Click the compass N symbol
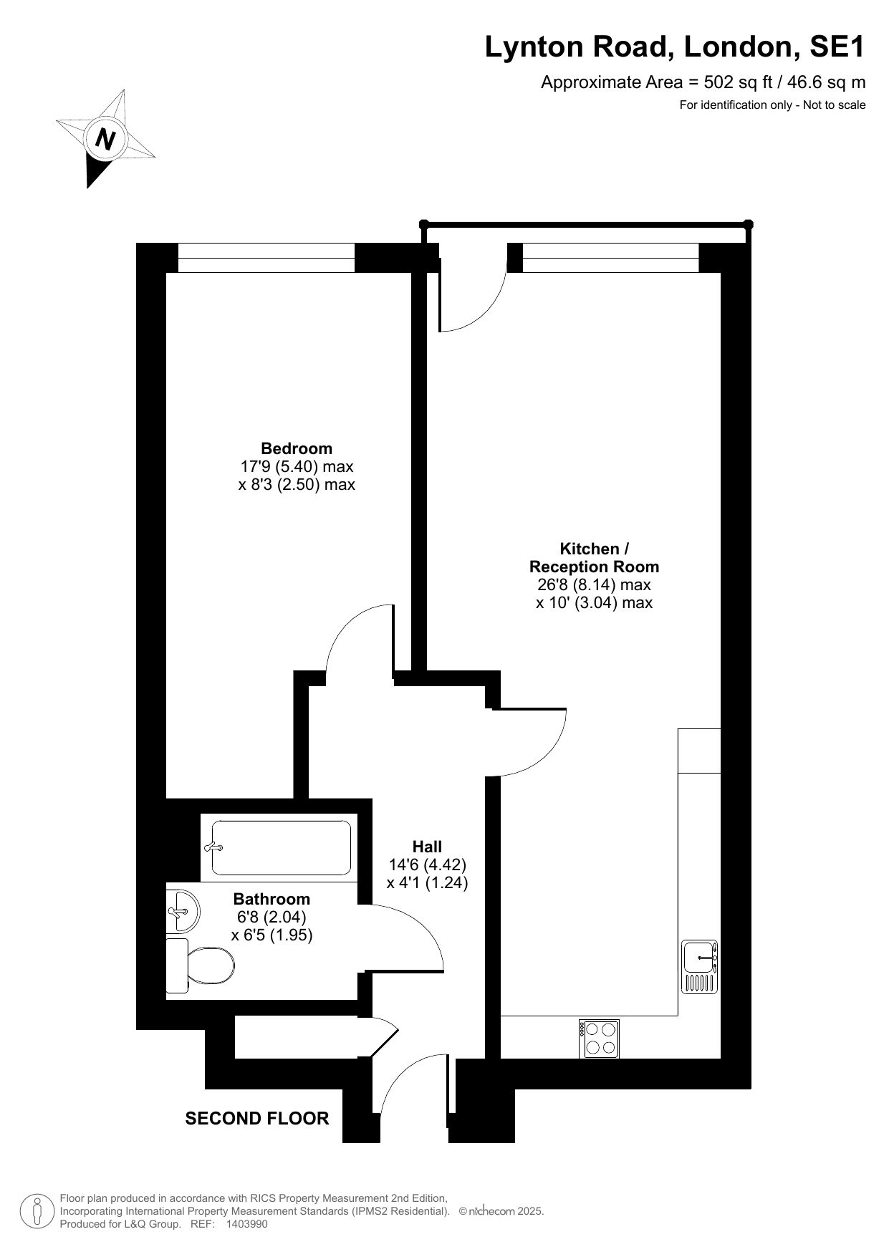[106, 138]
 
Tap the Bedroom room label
[297, 448]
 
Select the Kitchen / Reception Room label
[594, 558]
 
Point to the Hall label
[427, 847]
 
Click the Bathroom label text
[272, 899]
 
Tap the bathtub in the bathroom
[279, 848]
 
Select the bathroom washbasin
[183, 911]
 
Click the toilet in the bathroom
[200, 965]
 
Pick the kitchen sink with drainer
[700, 967]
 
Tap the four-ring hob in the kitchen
[600, 1039]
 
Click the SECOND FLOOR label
[257, 1118]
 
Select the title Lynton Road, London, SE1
[675, 47]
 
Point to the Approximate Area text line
[703, 82]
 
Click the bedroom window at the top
[266, 258]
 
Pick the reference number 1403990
[246, 1224]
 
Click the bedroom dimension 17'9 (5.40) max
[297, 466]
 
